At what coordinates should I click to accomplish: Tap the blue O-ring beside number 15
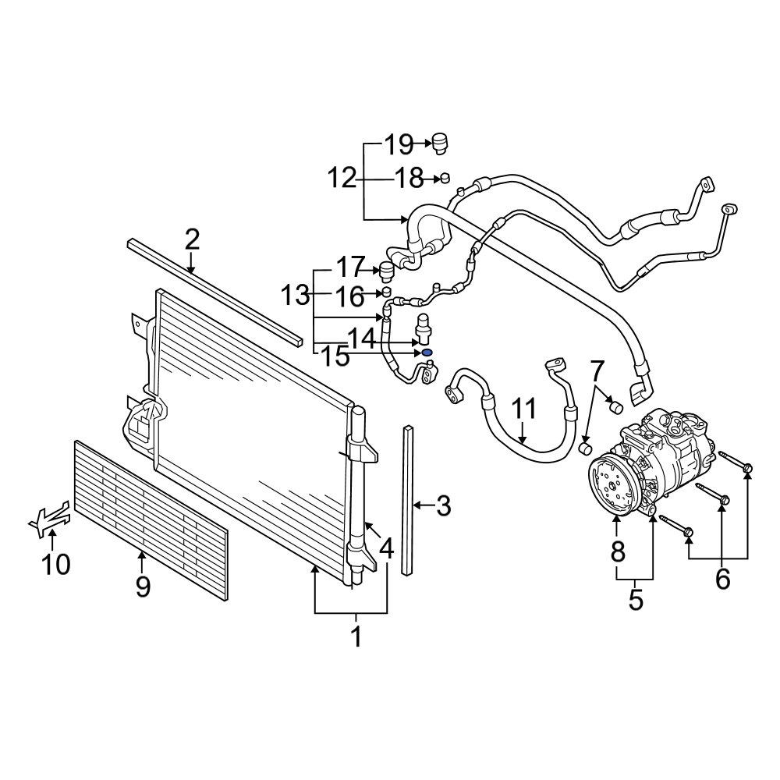(427, 353)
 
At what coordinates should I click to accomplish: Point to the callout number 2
(192, 239)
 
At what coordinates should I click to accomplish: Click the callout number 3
(443, 507)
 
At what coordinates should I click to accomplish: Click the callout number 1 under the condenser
(356, 636)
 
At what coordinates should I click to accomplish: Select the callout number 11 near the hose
(524, 409)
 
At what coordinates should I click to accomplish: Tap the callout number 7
(597, 370)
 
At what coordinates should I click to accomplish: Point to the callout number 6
(722, 579)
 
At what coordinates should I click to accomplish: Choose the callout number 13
(296, 296)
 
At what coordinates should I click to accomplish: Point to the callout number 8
(617, 552)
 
